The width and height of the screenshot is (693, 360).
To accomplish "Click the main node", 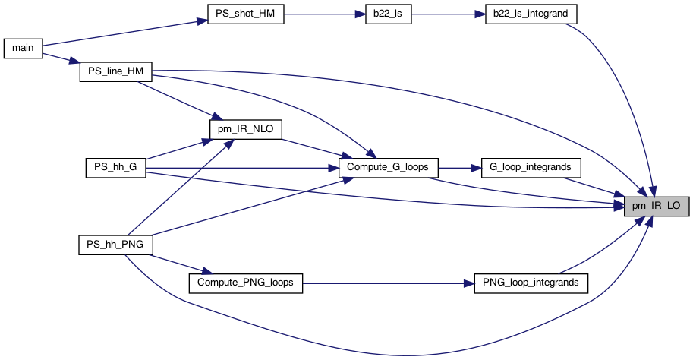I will pyautogui.click(x=22, y=47).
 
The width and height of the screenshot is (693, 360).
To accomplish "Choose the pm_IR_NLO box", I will pyautogui.click(x=245, y=129).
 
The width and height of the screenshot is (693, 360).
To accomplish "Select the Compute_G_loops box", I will pyautogui.click(x=389, y=167).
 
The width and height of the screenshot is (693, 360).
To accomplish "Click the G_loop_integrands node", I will pyautogui.click(x=531, y=167).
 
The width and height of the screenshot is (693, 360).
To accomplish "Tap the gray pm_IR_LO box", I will pyautogui.click(x=657, y=205).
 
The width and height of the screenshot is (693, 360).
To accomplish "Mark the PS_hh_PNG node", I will pyautogui.click(x=116, y=245).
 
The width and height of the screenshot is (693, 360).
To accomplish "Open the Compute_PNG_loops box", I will pyautogui.click(x=245, y=283).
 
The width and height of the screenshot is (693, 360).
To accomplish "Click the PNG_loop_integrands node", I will pyautogui.click(x=531, y=283).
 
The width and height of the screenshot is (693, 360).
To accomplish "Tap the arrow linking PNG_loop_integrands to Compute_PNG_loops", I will pyautogui.click(x=388, y=283).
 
